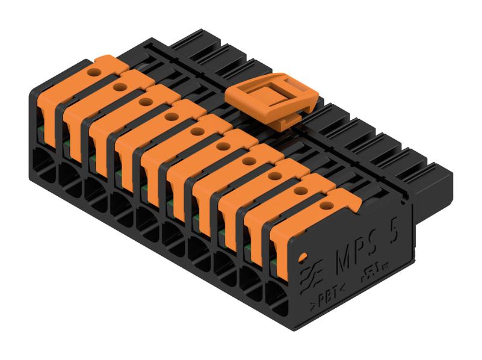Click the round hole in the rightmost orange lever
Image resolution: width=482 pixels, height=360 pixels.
point(326,205)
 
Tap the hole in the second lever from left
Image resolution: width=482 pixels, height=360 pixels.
point(119,87)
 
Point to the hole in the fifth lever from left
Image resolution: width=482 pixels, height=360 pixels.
point(196,131)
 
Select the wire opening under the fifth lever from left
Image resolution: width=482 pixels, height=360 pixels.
point(147,223)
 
